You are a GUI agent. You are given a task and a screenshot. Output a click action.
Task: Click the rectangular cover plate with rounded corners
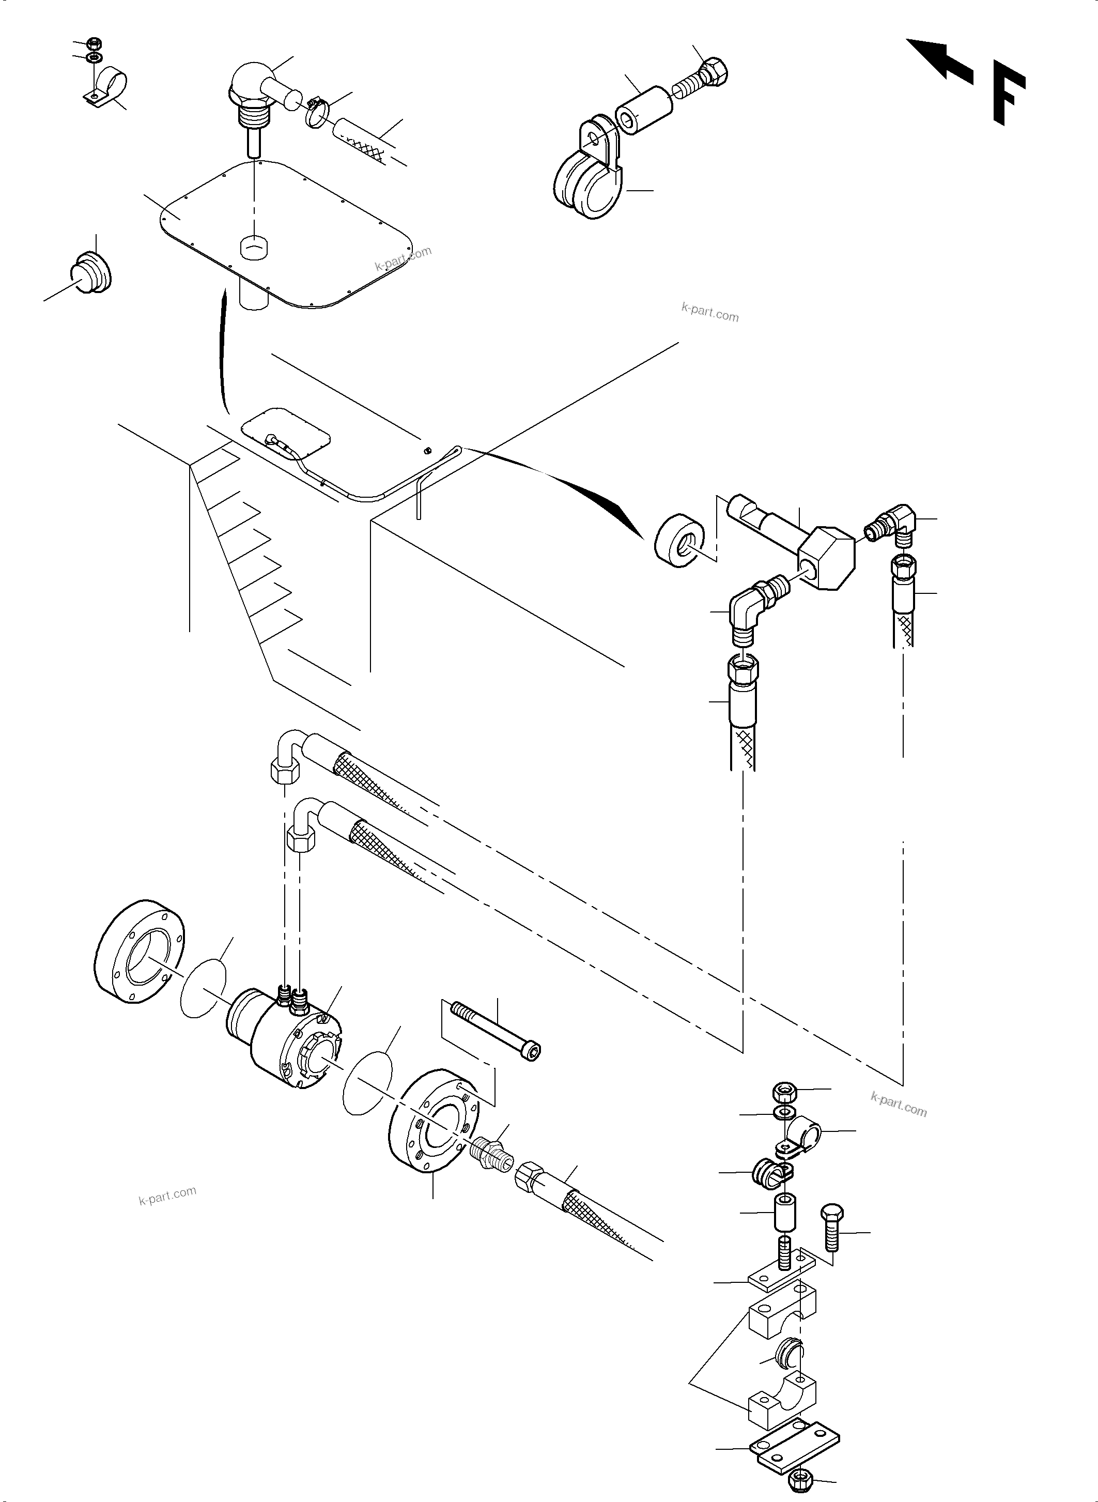point(286,233)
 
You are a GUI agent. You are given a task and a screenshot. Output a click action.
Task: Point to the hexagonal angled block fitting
point(826,557)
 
